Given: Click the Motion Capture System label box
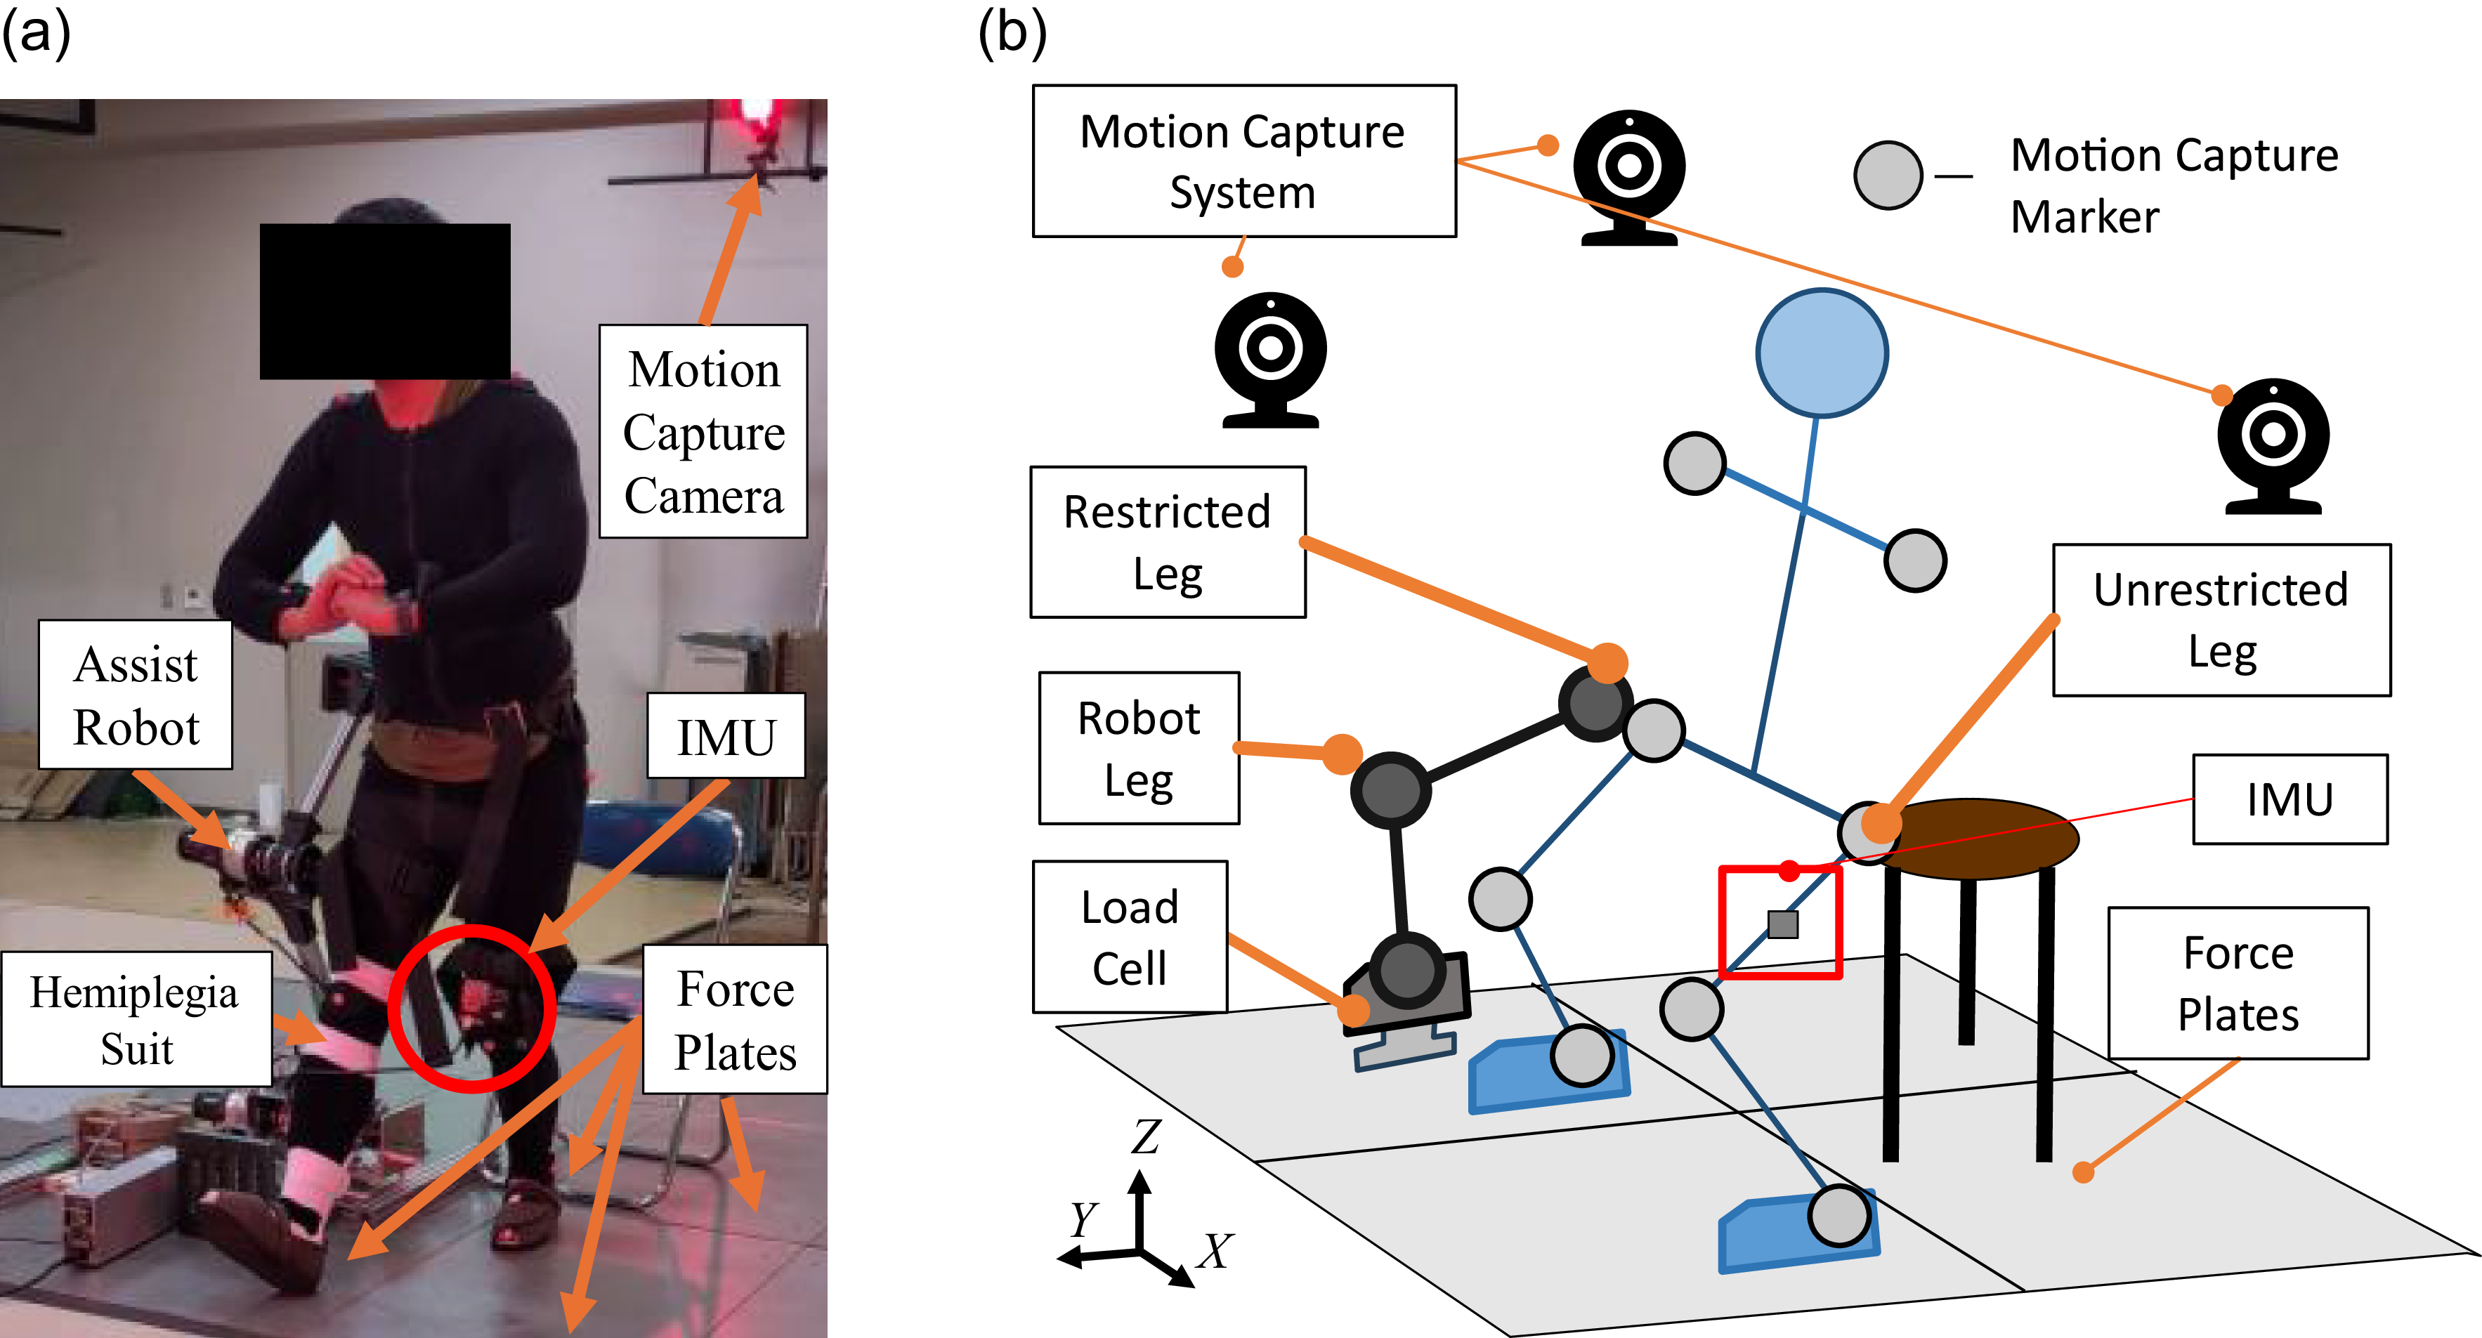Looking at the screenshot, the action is coord(1244,161).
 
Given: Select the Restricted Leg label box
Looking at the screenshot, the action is coord(1168,542).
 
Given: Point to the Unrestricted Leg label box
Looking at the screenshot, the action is coord(2222,620).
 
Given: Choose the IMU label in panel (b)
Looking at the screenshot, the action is coord(2290,799).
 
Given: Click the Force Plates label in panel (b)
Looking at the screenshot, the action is coord(2238,983).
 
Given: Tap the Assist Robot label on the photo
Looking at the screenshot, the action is coord(136,695).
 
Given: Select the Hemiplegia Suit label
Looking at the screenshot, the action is coord(136,1019).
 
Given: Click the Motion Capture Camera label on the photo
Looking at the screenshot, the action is coord(703,431).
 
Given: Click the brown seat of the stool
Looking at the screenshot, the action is coord(1975,838).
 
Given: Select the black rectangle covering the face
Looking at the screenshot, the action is coord(386,301).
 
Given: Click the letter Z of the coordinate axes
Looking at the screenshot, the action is coord(1147,1136).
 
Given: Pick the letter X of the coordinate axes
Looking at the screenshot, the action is coord(1216,1252).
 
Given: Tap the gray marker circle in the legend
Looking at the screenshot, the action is coord(1888,176).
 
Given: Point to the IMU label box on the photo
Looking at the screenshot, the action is coord(726,737).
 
